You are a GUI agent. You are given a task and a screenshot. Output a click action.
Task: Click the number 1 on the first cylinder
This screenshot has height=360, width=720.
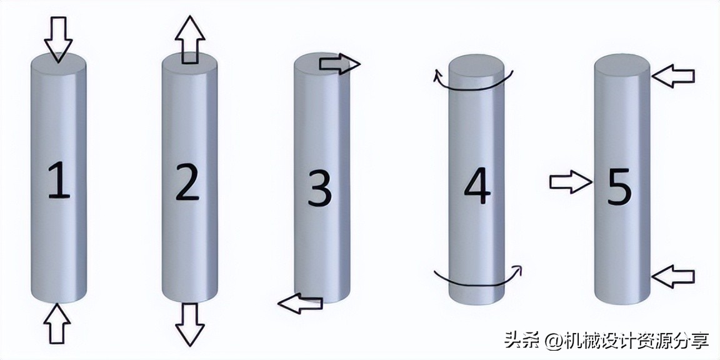[59, 181]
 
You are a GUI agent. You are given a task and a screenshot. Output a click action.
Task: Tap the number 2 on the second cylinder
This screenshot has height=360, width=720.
[187, 181]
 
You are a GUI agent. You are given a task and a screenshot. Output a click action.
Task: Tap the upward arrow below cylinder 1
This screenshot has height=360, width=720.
[57, 322]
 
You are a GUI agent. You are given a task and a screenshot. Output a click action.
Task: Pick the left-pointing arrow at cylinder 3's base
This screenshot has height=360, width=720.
[299, 304]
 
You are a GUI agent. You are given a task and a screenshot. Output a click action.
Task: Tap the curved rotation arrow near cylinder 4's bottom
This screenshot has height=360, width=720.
[479, 279]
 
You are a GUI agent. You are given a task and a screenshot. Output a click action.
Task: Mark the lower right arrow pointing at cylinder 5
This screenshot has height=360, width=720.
[673, 275]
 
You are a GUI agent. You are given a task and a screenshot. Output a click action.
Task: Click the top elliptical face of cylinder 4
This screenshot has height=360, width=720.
[476, 65]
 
